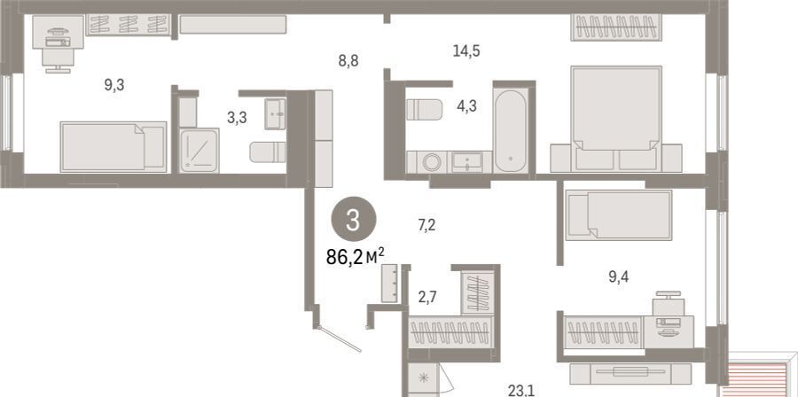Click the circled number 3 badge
tap(354, 219)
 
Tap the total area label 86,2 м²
tap(355, 258)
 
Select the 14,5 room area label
tap(466, 51)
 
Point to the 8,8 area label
tap(348, 61)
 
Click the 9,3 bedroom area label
tap(114, 85)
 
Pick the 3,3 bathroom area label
tap(237, 118)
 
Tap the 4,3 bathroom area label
tap(466, 107)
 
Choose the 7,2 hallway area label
tap(426, 225)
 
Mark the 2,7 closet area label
tap(428, 295)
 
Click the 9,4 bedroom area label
tap(619, 277)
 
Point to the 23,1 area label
tap(520, 391)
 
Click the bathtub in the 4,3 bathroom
tap(512, 131)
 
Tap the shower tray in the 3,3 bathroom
tap(199, 151)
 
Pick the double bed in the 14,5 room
tap(616, 119)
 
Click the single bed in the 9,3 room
tap(113, 147)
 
